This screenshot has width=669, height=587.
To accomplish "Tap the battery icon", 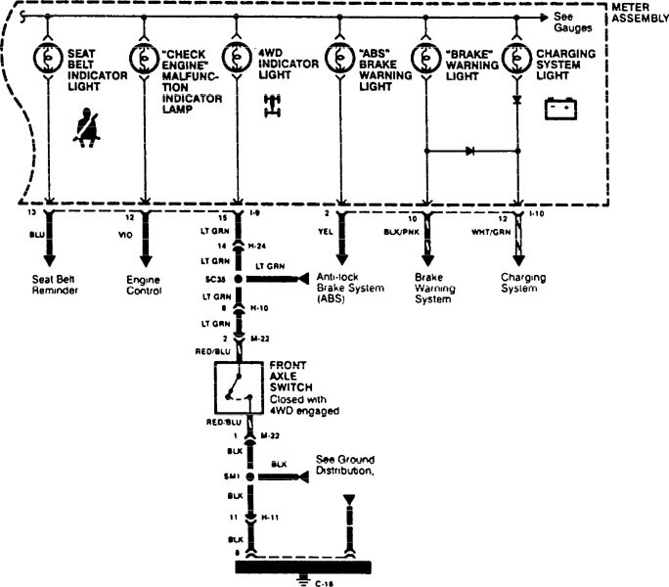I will [561, 107].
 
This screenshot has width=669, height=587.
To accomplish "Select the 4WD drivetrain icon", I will [271, 106].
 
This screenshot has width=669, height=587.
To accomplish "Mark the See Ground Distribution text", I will [345, 464].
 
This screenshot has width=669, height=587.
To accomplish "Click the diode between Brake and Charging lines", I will [470, 152].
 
